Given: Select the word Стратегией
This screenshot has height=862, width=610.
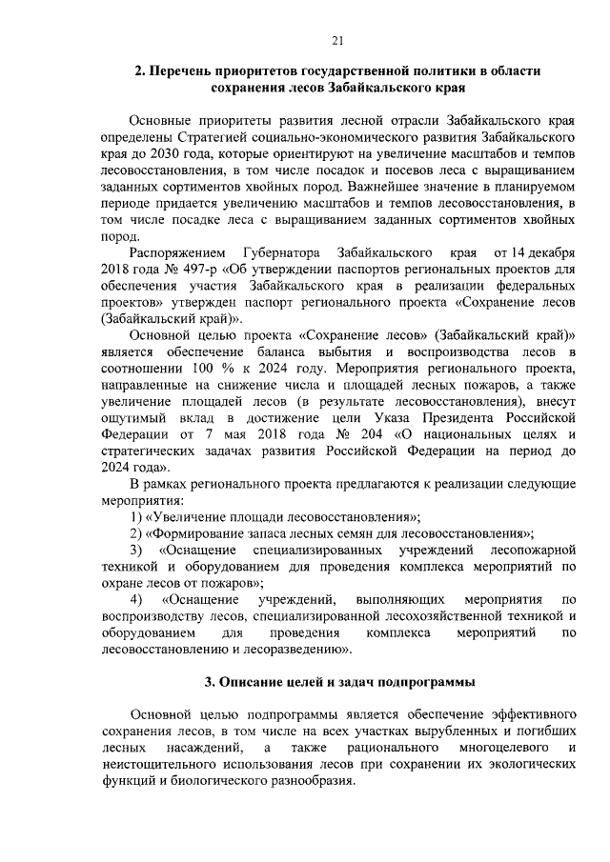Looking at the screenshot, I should (213, 136).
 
